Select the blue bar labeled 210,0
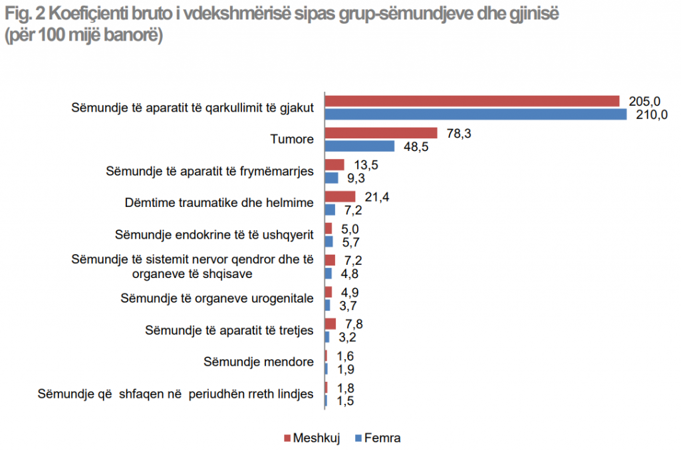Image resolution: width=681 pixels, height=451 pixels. [476, 114]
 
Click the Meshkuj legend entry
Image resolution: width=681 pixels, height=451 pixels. [313, 438]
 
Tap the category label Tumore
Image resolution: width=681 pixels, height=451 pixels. [292, 140]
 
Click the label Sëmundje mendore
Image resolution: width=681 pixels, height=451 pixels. [258, 363]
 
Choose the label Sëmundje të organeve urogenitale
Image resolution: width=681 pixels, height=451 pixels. [217, 298]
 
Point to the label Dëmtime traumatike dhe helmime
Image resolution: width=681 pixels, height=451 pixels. [219, 202]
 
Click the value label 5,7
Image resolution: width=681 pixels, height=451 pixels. [350, 241]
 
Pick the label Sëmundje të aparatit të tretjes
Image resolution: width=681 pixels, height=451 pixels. [229, 331]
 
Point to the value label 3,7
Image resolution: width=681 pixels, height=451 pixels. [349, 305]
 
